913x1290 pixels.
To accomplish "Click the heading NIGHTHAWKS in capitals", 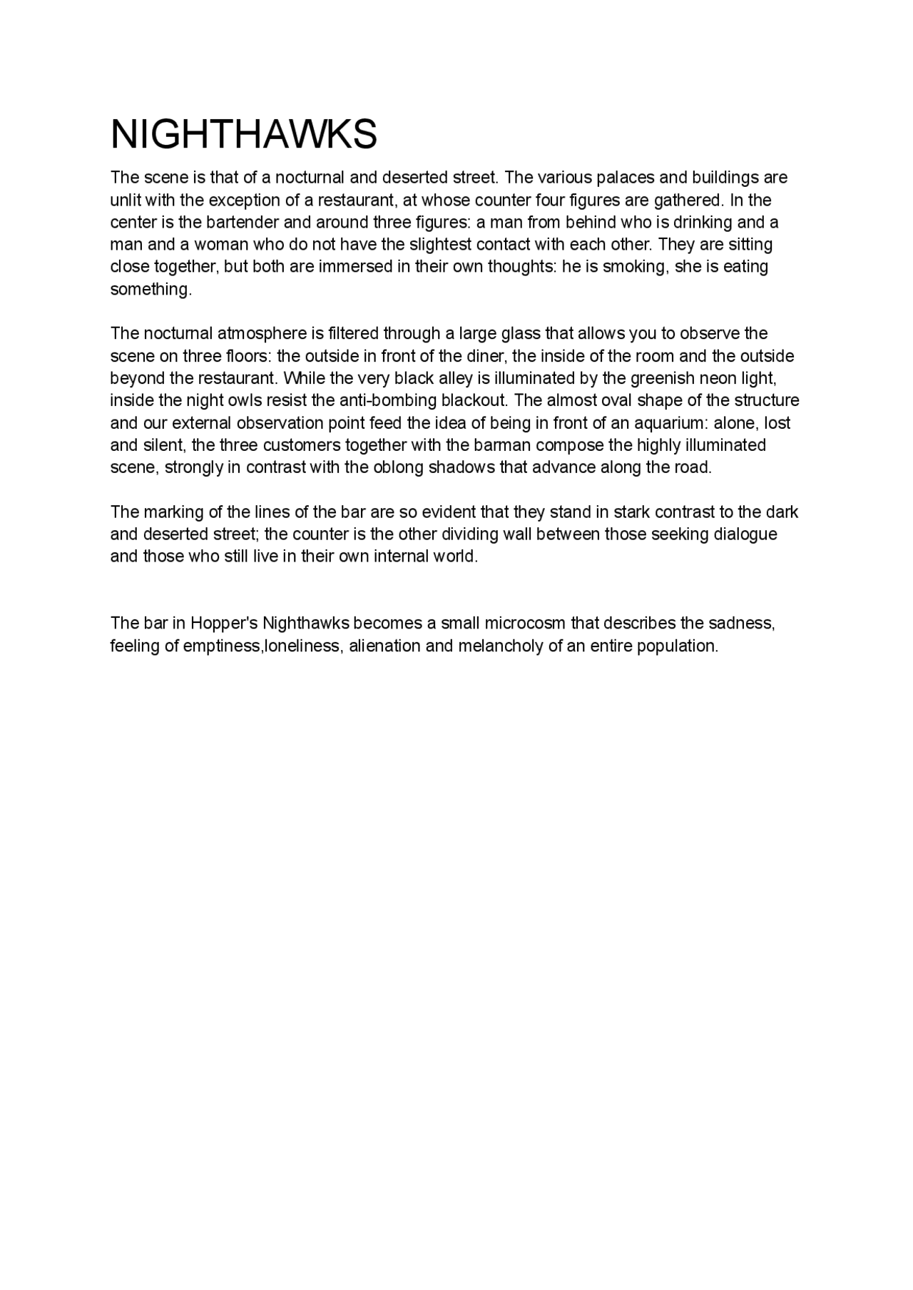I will coord(243,134).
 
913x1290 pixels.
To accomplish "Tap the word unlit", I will coord(125,200).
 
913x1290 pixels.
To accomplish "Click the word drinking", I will coord(703,222).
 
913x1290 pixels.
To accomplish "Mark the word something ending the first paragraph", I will coord(151,290).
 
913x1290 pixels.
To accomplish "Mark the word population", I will coord(680,646).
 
